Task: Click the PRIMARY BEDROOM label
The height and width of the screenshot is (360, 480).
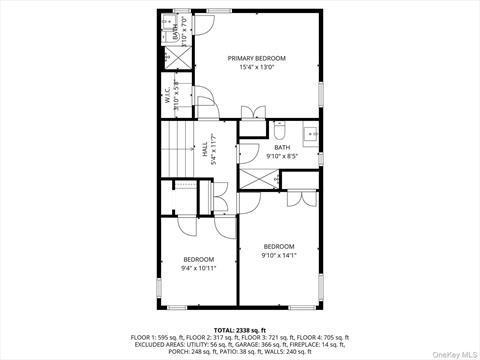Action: click(256, 58)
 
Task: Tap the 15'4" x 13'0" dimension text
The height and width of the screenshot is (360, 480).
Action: click(256, 67)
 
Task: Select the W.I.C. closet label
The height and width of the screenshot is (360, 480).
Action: click(168, 96)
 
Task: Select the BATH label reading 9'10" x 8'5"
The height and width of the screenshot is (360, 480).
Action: click(281, 148)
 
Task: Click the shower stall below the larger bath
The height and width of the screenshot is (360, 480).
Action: click(258, 180)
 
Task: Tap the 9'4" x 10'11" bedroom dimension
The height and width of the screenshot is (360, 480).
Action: click(198, 268)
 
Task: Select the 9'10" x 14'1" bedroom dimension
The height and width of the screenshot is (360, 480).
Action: click(279, 255)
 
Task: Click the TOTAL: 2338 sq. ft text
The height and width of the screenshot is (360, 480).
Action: click(240, 330)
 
